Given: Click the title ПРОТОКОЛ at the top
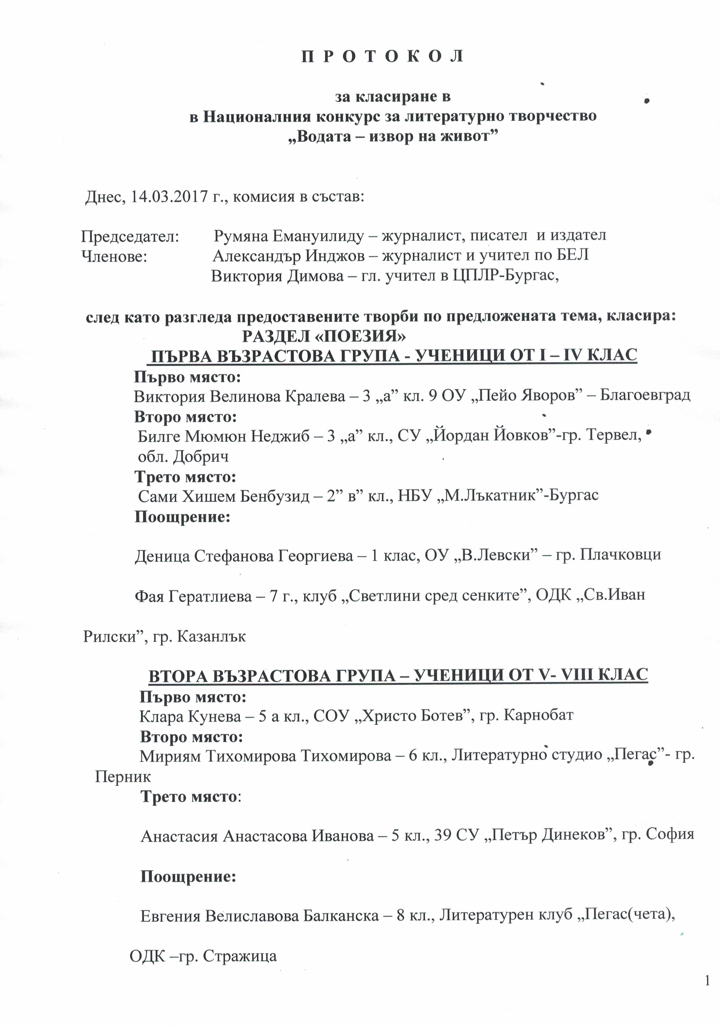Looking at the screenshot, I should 382,57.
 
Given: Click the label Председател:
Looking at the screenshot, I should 130,236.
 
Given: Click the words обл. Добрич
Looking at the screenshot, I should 183,457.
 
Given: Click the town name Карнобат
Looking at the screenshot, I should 539,715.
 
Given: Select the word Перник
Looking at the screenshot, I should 123,777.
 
